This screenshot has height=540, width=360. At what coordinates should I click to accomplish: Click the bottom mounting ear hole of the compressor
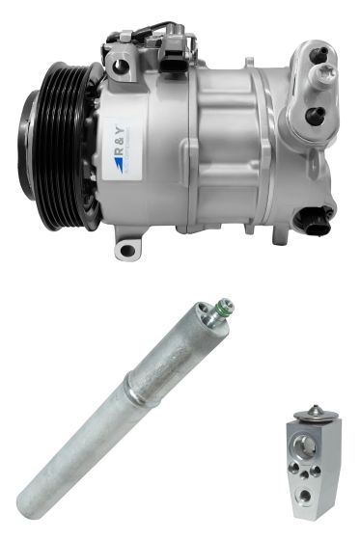pos(126,251)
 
